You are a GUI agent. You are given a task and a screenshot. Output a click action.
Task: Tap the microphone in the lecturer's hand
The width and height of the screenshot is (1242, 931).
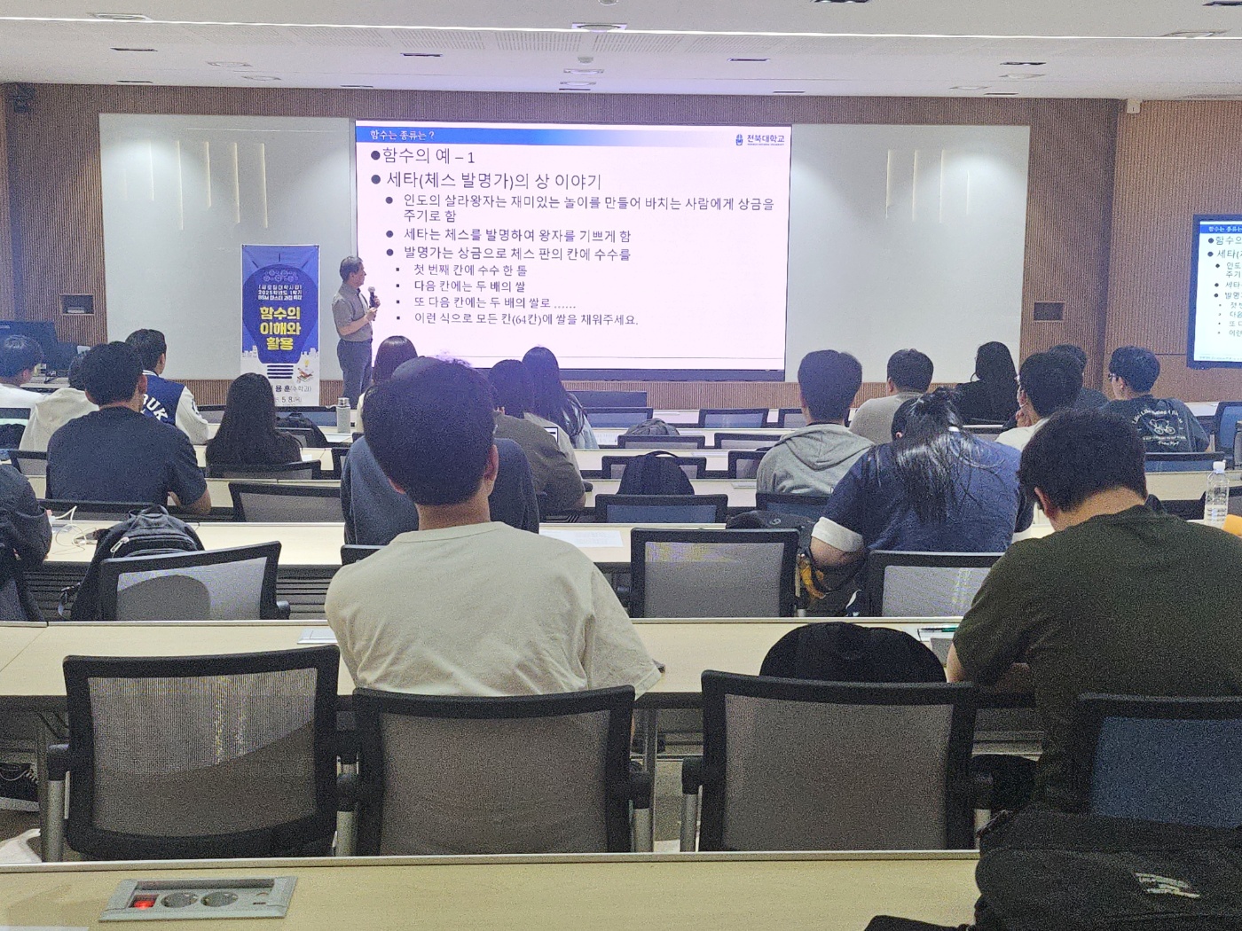pos(373,292)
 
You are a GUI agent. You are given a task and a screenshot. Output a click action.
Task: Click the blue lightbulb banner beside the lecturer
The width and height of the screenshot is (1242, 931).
pos(279,306)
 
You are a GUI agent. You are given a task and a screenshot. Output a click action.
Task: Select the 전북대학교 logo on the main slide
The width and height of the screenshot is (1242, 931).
pos(761,139)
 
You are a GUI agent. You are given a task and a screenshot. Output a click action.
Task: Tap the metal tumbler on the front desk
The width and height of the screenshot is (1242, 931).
pos(343,415)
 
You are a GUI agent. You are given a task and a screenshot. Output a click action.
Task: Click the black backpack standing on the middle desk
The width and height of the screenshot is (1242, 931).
pos(655,474)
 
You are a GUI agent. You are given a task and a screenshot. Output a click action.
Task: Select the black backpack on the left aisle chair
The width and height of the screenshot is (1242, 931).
pos(142,545)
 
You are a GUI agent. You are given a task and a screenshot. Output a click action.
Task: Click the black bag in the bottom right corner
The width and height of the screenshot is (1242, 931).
pos(1118,873)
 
